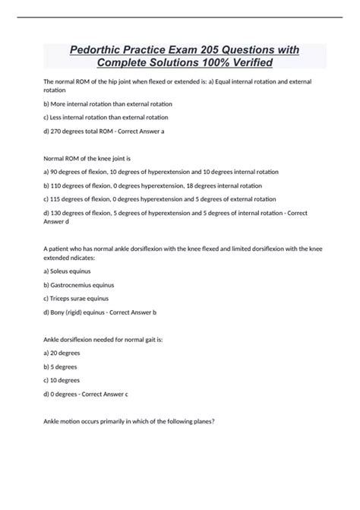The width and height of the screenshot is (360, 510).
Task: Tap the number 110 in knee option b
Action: tap(58, 185)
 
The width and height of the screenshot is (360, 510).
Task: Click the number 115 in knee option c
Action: tap(58, 199)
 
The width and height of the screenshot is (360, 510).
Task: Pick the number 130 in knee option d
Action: tap(58, 213)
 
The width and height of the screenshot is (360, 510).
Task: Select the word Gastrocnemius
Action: tap(77, 284)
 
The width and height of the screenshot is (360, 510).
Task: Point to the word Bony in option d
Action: tap(61, 311)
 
